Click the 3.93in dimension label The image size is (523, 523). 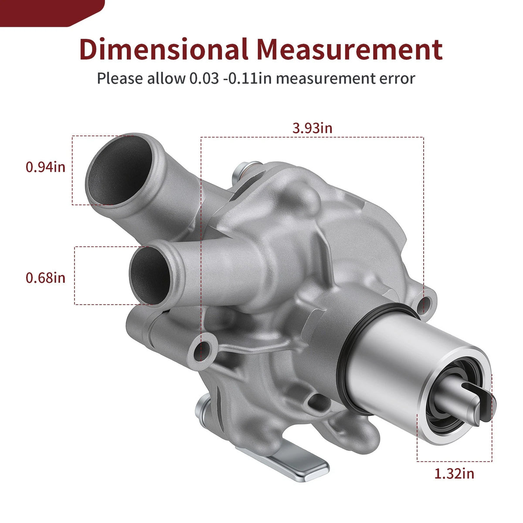[312, 128]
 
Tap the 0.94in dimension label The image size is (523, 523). [46, 167]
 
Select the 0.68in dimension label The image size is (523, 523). [46, 278]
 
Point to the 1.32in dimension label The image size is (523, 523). [454, 474]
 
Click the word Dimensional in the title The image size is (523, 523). [164, 49]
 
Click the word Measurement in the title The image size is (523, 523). [350, 49]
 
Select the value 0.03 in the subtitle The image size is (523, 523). [204, 79]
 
